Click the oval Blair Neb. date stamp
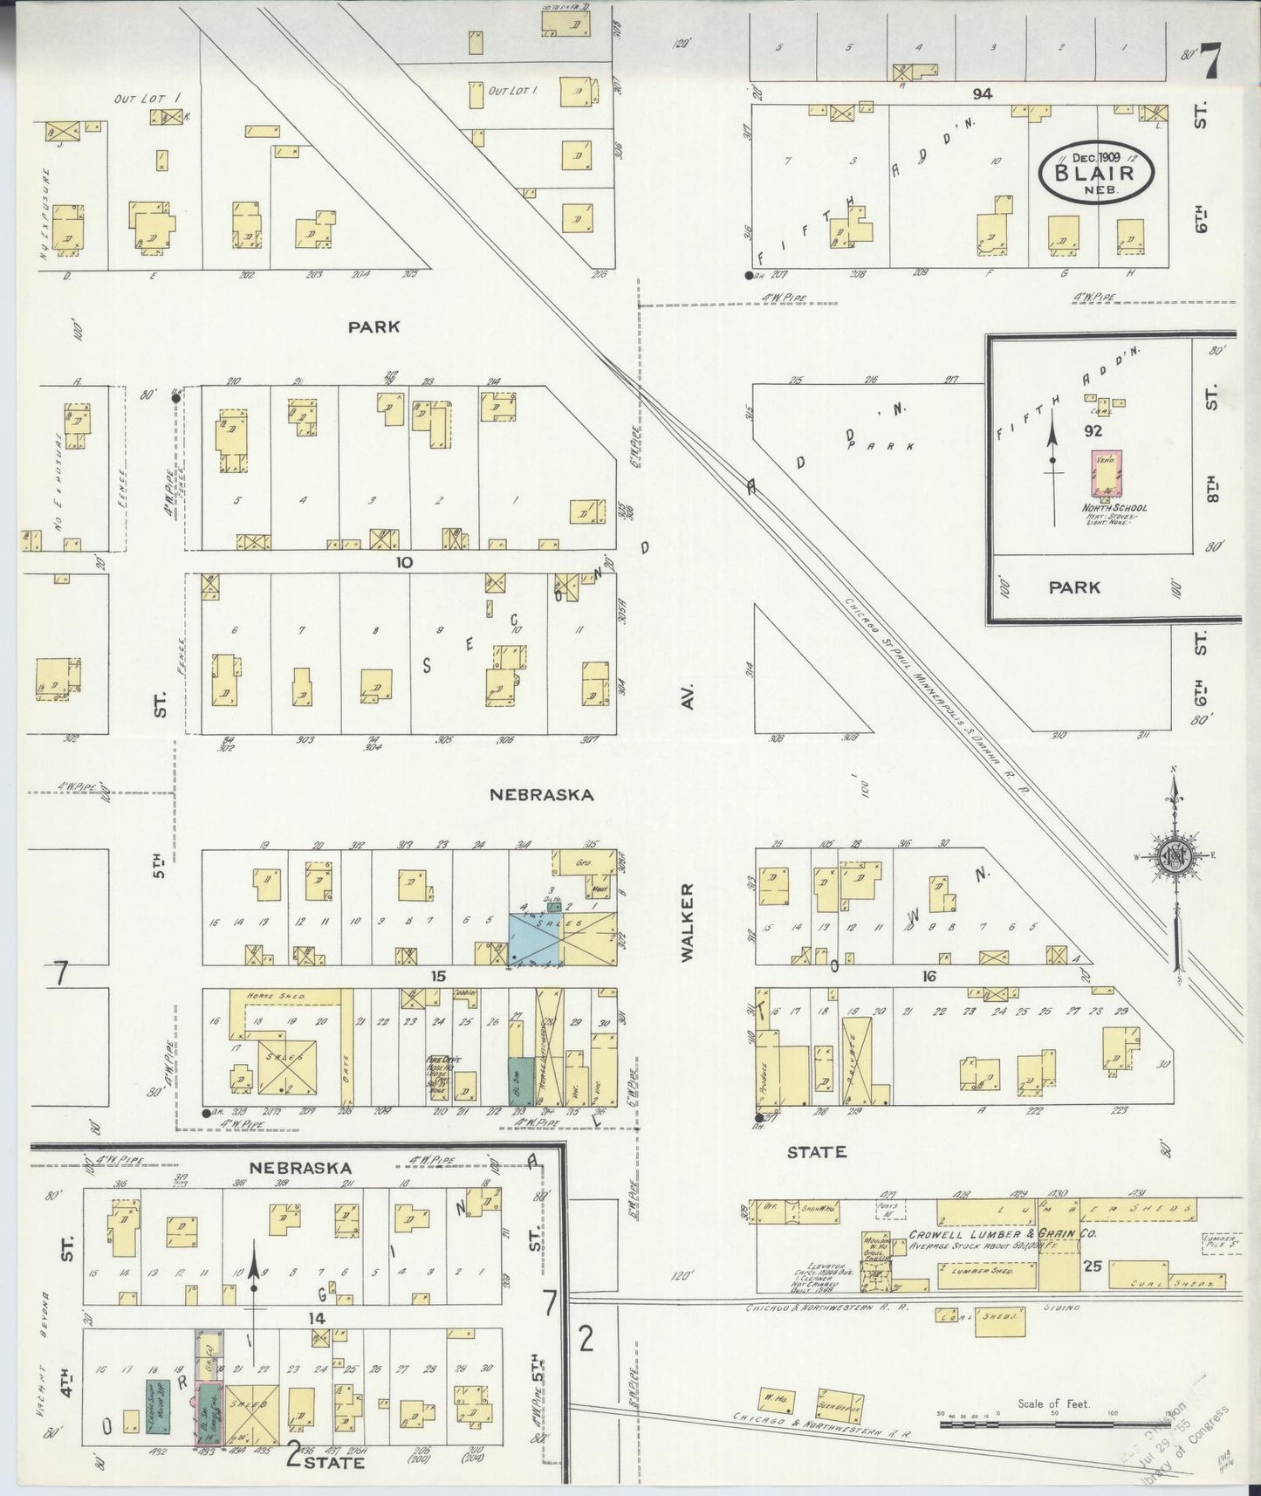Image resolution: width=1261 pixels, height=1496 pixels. click(1096, 172)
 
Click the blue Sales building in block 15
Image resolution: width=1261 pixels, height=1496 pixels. click(534, 940)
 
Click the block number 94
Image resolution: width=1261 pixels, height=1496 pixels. click(983, 93)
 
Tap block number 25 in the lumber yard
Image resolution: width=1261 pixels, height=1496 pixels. click(1092, 1265)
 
